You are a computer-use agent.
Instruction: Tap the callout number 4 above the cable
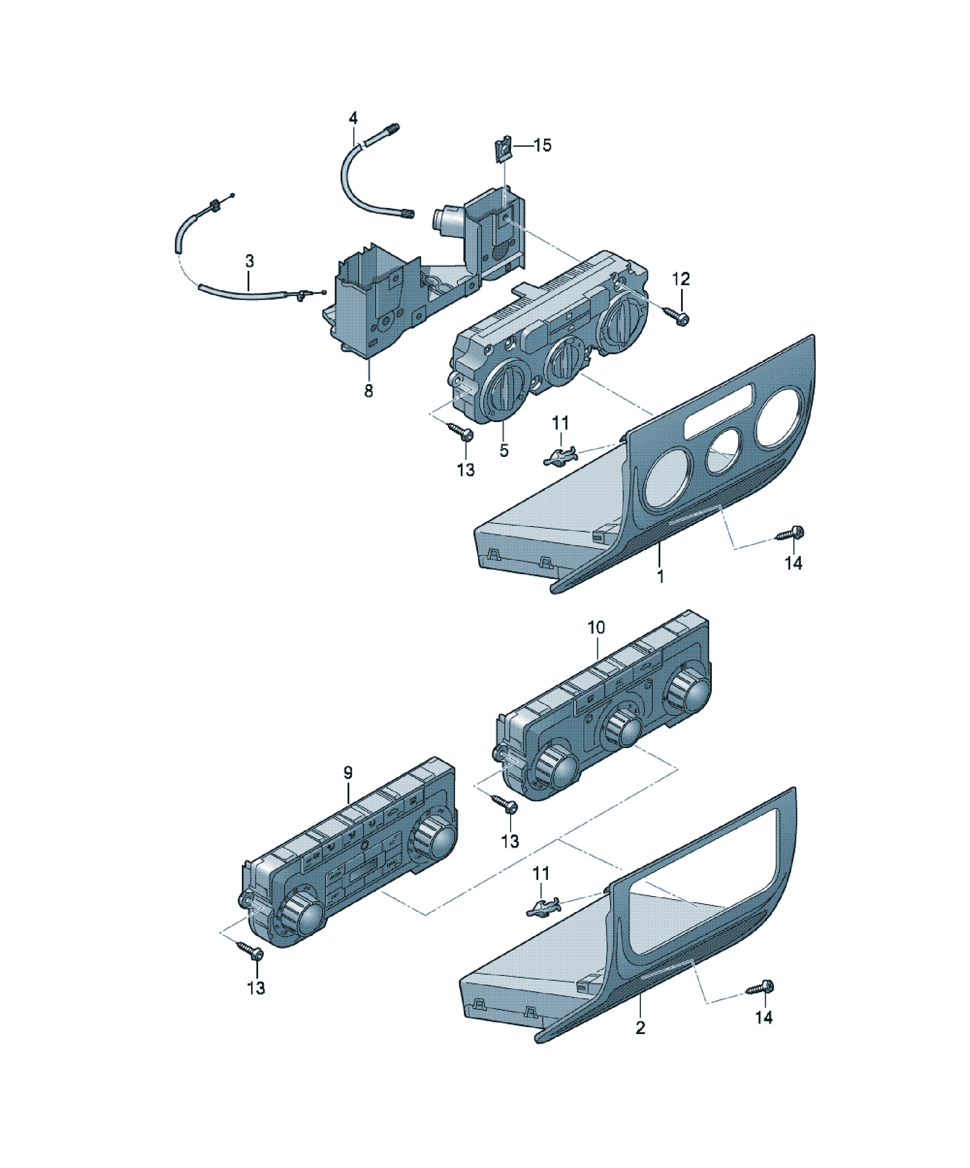tap(353, 118)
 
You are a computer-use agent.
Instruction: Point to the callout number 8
tap(369, 391)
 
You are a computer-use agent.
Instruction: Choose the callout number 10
tap(596, 627)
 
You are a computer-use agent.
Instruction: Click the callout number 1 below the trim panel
tap(661, 576)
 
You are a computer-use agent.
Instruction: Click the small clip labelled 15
tap(503, 150)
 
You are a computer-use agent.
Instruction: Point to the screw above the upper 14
tap(790, 534)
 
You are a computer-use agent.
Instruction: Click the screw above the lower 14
tap(760, 988)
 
